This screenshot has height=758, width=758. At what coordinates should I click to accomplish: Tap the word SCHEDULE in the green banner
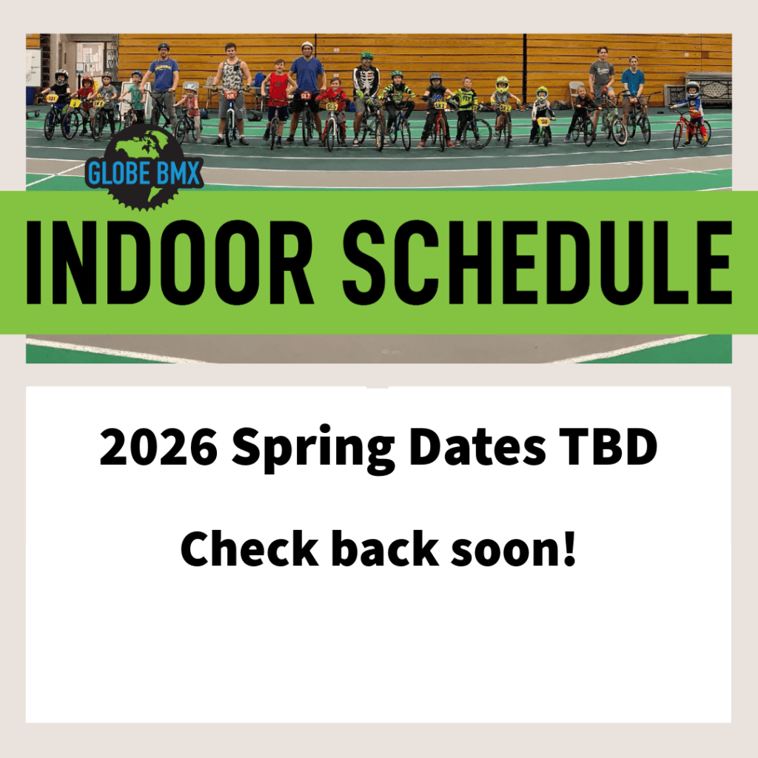click(537, 262)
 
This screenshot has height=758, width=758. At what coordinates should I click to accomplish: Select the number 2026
click(158, 446)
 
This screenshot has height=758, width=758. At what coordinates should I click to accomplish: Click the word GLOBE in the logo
click(119, 173)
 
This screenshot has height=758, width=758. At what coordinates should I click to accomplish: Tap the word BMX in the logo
click(178, 173)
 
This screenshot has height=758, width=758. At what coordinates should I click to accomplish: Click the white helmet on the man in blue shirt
click(307, 45)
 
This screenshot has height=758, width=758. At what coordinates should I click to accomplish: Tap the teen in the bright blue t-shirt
click(633, 90)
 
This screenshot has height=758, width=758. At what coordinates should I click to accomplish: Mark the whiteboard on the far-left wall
click(33, 67)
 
